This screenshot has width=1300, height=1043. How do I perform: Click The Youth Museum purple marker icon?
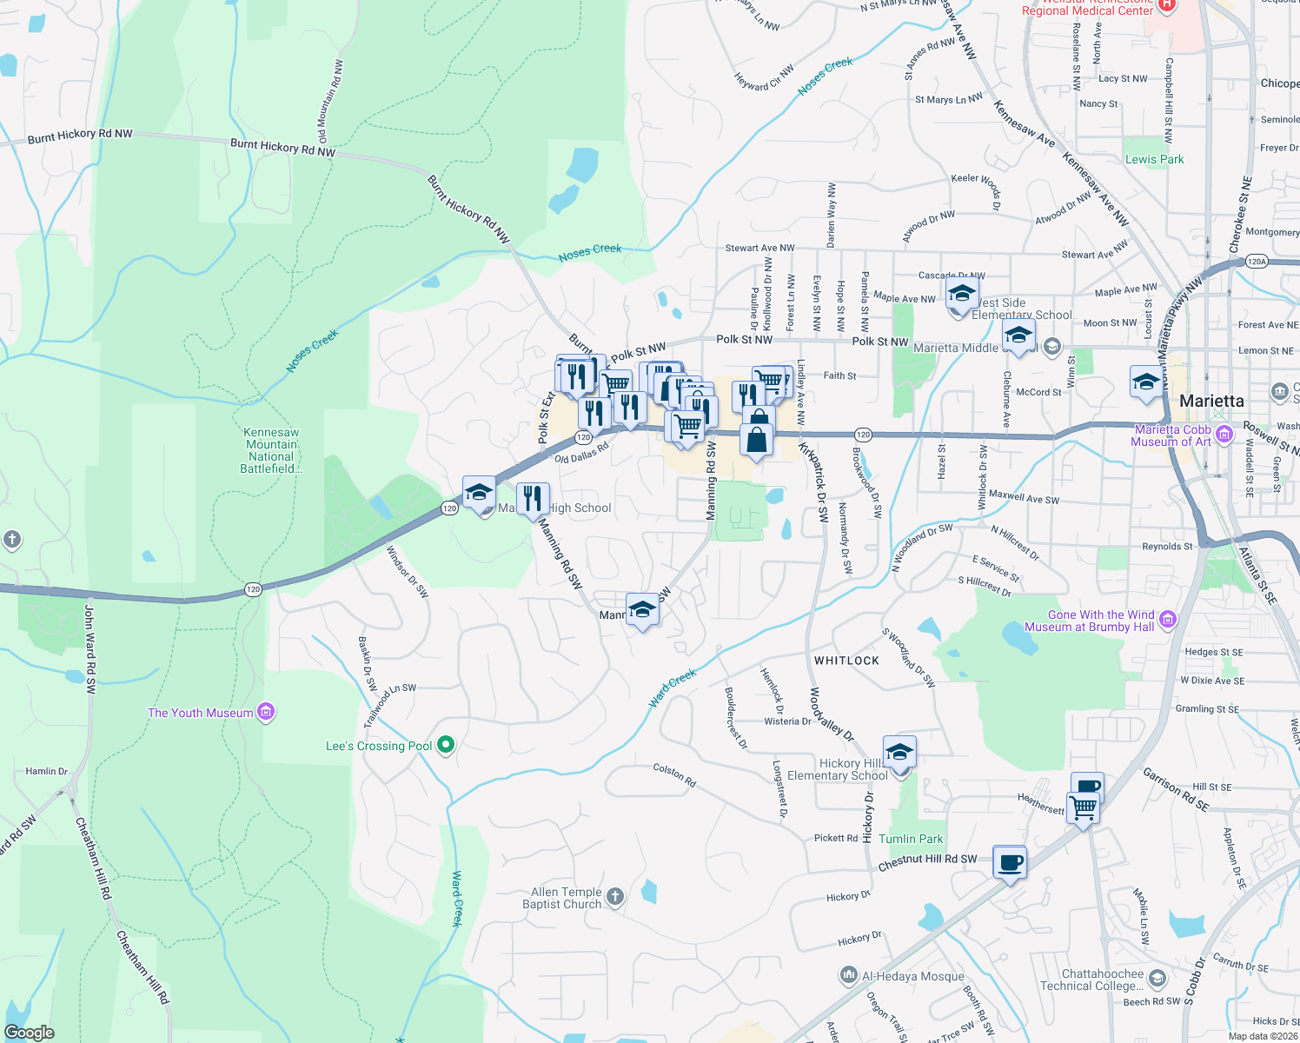[266, 713]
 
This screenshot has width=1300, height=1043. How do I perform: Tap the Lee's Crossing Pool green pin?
[446, 745]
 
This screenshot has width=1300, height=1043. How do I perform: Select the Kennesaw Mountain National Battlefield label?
[271, 450]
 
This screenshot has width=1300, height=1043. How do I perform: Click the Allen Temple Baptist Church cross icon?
[615, 897]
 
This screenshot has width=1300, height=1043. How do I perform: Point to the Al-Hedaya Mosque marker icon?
[849, 976]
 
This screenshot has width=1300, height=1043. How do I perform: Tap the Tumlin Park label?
[910, 839]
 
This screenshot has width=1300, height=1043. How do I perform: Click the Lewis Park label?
[1154, 159]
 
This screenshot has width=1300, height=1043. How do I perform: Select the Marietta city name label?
[1211, 401]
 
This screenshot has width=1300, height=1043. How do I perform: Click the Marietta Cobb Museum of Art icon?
[1224, 434]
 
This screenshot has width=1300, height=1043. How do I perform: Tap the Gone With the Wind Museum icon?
[1168, 620]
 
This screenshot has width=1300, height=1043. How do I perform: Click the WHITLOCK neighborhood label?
[846, 661]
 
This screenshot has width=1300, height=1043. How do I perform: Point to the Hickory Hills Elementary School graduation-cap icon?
[899, 752]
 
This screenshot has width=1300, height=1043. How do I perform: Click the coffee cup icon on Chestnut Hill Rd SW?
[1009, 863]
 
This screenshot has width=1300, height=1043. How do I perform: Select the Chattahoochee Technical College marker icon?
[1157, 979]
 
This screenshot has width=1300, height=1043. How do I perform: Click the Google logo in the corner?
[30, 1032]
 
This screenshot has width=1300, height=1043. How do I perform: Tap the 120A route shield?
[1257, 261]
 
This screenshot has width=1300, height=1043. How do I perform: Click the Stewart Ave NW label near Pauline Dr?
[759, 248]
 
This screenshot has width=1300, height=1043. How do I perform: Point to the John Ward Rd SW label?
[90, 650]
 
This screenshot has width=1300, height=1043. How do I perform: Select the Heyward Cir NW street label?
[764, 78]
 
